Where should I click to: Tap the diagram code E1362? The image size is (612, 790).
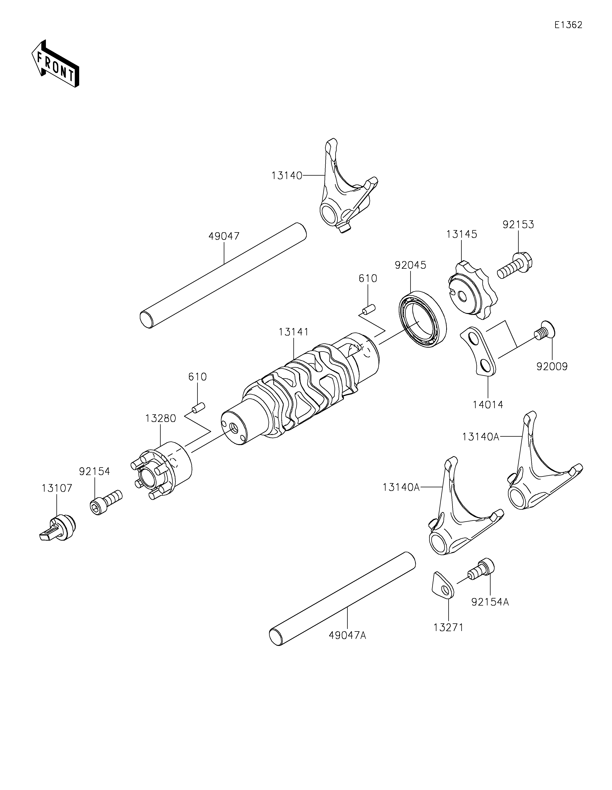point(568,25)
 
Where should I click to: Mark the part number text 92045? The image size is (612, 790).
point(410,265)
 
